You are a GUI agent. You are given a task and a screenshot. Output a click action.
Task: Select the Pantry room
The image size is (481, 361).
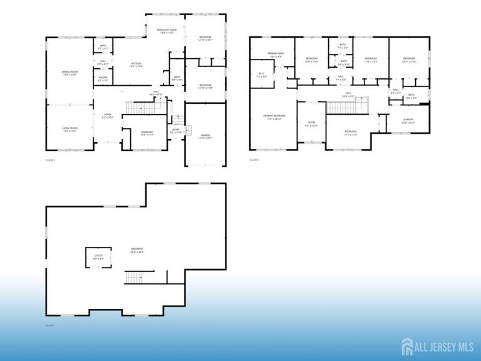(x=103, y=79)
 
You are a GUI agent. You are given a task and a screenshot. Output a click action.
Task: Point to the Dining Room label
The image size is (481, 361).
(x=70, y=73)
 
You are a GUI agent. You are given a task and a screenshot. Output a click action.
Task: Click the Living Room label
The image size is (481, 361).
(x=70, y=129)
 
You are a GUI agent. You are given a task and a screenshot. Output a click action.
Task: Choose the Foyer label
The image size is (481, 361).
(x=108, y=115)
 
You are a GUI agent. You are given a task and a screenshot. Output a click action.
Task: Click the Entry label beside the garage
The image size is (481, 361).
(x=177, y=131)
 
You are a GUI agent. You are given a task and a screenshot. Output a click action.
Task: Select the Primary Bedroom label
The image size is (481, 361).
(x=274, y=117)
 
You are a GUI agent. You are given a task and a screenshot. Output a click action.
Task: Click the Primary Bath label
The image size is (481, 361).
(x=276, y=55)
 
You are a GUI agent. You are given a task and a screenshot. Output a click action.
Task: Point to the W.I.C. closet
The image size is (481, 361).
(x=262, y=75)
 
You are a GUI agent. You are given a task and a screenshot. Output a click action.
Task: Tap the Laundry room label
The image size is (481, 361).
(x=408, y=120)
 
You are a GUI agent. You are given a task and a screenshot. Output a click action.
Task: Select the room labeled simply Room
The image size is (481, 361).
(x=311, y=124)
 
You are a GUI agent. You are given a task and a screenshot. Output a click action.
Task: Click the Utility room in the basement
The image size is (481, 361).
(x=98, y=257)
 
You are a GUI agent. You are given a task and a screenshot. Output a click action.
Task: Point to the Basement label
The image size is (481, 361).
(x=137, y=251)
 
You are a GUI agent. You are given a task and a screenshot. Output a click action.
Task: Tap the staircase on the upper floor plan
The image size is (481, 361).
(x=342, y=108)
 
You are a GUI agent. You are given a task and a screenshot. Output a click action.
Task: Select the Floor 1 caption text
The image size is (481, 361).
(x=51, y=326)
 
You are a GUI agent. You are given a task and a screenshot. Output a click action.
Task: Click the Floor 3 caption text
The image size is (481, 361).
(x=254, y=160)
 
